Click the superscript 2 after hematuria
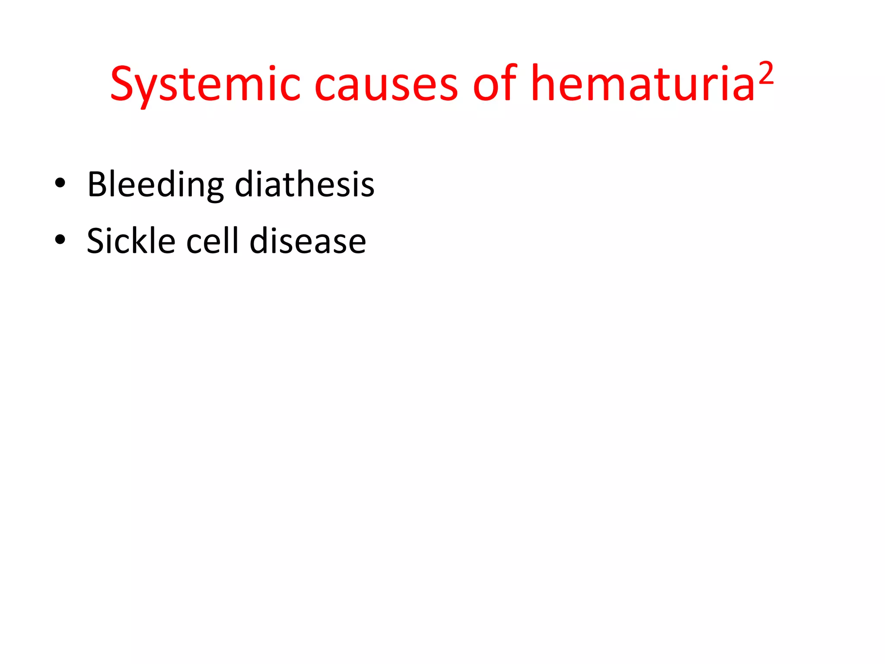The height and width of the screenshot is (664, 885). pos(766,74)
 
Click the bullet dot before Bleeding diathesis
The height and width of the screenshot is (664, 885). pos(60,183)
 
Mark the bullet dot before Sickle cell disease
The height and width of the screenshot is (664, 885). pos(60,239)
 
